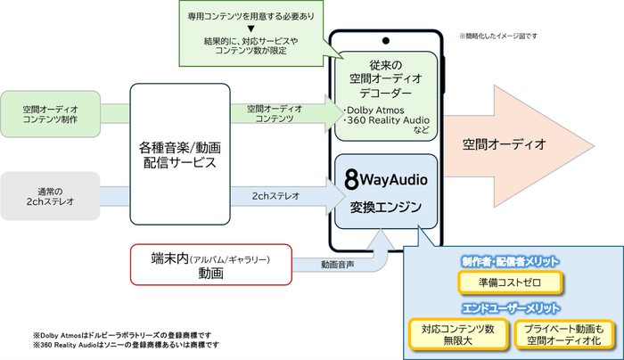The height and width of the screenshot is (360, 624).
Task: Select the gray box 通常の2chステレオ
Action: (50, 194)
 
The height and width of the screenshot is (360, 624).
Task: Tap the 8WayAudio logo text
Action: (387, 179)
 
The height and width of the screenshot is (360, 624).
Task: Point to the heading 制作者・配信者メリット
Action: (511, 261)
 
